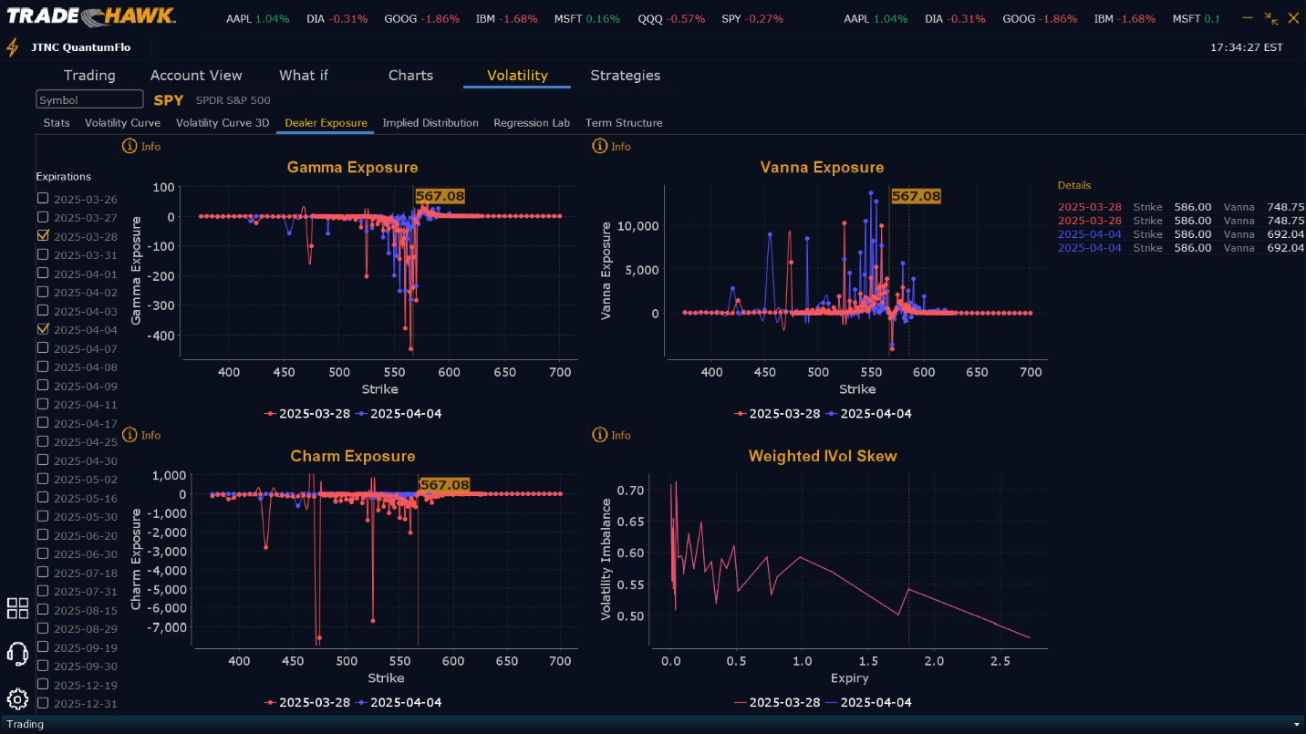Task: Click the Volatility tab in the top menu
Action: [x=516, y=76]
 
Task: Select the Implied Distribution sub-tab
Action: [x=430, y=123]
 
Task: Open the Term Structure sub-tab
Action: [x=624, y=123]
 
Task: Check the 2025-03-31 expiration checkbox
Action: [x=43, y=254]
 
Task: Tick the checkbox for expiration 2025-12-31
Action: [x=43, y=703]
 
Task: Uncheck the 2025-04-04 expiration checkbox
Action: [x=43, y=329]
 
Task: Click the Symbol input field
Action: [x=89, y=99]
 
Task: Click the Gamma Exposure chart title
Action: [x=352, y=168]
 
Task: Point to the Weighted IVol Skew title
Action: [x=823, y=456]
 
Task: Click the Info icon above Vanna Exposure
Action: [x=600, y=146]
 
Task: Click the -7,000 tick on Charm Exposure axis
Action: [x=170, y=627]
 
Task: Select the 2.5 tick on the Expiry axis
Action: [x=1000, y=660]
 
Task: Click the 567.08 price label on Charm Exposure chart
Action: [x=444, y=485]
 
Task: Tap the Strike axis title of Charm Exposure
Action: [x=386, y=677]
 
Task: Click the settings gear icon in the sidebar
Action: [x=17, y=699]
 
